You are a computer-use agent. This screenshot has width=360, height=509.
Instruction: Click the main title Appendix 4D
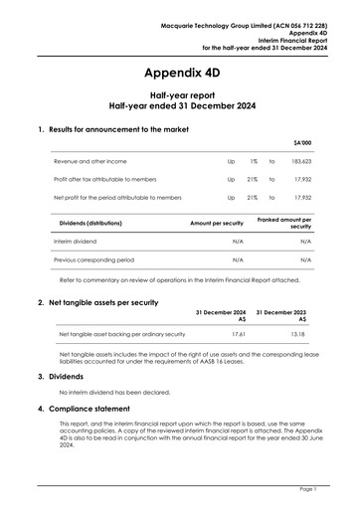click(x=180, y=74)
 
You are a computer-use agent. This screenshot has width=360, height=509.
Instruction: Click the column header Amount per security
click(x=217, y=224)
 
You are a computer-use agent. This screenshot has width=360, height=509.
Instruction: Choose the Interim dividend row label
click(x=81, y=242)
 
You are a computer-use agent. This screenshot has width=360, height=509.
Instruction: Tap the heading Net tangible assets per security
click(x=103, y=301)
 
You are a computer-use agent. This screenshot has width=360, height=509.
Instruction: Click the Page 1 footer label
click(x=306, y=489)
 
